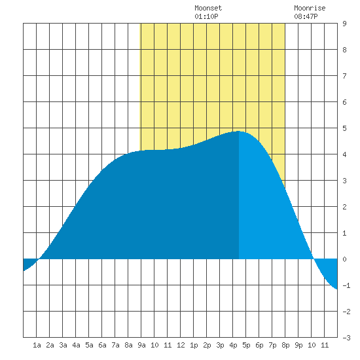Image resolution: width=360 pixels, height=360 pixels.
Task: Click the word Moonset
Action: click(208, 8)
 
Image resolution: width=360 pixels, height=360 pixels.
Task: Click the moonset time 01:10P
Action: click(206, 16)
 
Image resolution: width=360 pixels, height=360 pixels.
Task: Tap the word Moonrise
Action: click(310, 8)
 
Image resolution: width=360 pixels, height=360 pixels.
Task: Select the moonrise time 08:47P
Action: click(306, 16)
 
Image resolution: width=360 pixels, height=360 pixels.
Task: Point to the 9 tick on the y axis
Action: click(344, 24)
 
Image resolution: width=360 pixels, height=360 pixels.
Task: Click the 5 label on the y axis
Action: click(344, 128)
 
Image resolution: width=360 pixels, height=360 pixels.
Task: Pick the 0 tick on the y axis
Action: click(344, 259)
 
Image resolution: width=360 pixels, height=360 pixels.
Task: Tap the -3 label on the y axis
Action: click(346, 338)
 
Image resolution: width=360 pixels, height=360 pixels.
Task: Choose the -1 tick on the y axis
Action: click(346, 285)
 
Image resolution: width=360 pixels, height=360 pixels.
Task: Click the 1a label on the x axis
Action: click(37, 345)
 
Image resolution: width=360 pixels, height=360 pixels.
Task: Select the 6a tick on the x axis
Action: click(102, 345)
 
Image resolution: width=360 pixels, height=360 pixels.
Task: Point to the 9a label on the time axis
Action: click(141, 345)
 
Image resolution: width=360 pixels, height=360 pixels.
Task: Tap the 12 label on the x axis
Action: click(181, 345)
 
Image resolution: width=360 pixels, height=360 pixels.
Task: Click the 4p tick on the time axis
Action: click(233, 345)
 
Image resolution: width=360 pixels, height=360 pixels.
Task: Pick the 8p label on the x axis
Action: click(285, 345)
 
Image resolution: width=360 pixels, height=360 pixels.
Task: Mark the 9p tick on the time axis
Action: click(298, 345)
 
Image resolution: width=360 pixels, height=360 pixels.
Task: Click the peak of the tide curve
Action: click(238, 131)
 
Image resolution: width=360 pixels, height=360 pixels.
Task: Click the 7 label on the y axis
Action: click(344, 76)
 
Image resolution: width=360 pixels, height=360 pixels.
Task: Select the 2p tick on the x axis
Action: click(207, 345)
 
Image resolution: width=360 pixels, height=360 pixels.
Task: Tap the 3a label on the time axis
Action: click(63, 345)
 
